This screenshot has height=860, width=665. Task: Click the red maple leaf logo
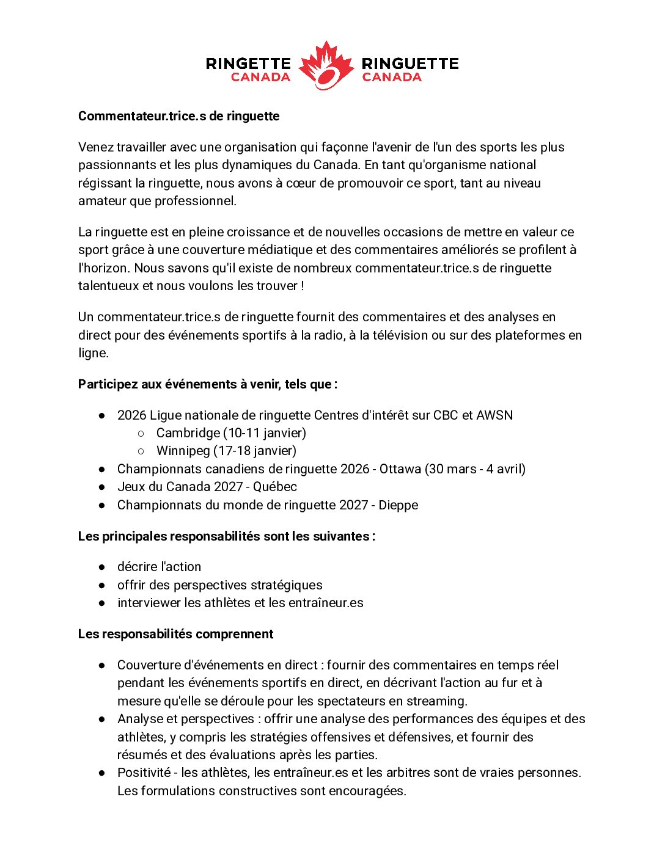[x=326, y=65]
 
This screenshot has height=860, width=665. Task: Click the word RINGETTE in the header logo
[x=248, y=64]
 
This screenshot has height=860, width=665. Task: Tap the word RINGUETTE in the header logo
[x=410, y=64]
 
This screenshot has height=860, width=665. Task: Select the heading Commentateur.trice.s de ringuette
[x=178, y=116]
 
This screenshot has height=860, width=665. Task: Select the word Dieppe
[x=398, y=505]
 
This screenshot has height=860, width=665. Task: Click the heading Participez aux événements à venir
[x=208, y=384]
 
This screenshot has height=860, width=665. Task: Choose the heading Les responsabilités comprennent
[x=175, y=634]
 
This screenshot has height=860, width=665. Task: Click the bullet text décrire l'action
[x=159, y=567]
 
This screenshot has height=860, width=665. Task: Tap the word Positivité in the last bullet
[x=144, y=773]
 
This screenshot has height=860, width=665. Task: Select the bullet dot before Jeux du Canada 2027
[x=102, y=487]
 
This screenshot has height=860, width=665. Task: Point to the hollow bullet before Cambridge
[x=141, y=433]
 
